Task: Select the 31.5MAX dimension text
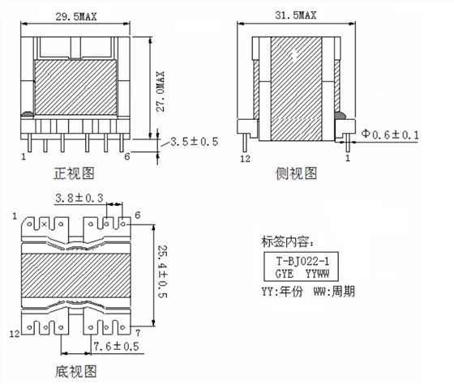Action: [x=296, y=15]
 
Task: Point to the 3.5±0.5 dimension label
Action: [x=195, y=143]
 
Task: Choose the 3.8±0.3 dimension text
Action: [x=79, y=198]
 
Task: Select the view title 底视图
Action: [x=75, y=371]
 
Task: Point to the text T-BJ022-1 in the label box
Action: [x=302, y=261]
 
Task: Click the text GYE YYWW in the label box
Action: [x=302, y=274]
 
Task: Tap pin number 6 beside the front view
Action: [x=126, y=156]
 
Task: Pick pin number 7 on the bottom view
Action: [x=139, y=333]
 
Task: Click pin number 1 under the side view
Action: [x=348, y=160]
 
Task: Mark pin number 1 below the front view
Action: [x=24, y=157]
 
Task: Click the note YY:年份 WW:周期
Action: [x=307, y=292]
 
